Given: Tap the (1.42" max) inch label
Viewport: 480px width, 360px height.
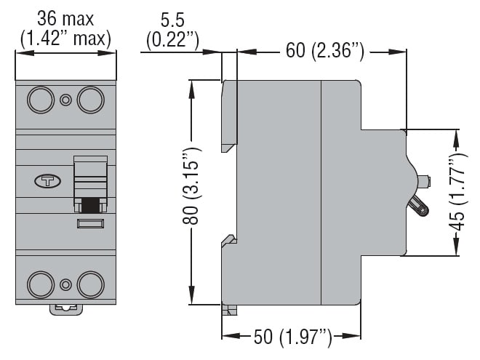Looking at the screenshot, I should point(65,38).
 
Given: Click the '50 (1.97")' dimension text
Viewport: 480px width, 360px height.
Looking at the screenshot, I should point(292,337).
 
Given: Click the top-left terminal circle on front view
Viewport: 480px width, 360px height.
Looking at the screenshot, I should point(40,100).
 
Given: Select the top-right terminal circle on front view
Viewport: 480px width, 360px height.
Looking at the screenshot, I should point(90,100).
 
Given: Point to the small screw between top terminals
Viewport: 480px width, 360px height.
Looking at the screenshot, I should point(65,100).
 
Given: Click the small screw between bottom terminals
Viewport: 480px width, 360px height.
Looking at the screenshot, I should point(65,284).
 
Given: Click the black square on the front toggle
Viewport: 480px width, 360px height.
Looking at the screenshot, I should point(90,205).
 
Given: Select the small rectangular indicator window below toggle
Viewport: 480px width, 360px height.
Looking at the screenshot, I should point(90,224).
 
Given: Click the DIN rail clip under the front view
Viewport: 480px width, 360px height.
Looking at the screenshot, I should point(65,308).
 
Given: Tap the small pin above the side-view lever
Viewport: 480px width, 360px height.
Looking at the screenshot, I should point(422,180).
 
